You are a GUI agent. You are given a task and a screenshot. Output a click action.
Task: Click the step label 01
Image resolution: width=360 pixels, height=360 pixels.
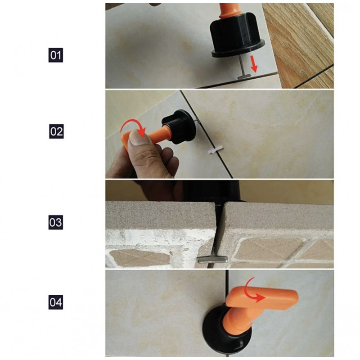[55, 55]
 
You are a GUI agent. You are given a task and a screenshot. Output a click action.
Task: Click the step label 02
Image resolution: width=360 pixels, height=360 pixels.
[56, 131]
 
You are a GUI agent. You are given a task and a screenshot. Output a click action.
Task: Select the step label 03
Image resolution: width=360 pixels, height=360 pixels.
[55, 222]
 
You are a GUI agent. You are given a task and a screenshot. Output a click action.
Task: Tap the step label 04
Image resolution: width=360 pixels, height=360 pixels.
[55, 302]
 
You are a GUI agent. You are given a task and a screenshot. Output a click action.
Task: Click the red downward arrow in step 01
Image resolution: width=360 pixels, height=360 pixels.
[254, 63]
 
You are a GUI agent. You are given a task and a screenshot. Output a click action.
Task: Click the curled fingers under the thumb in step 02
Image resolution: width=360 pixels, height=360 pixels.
[165, 158]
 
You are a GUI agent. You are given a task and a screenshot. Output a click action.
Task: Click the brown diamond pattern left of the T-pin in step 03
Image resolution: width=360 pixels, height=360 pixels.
[139, 258]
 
